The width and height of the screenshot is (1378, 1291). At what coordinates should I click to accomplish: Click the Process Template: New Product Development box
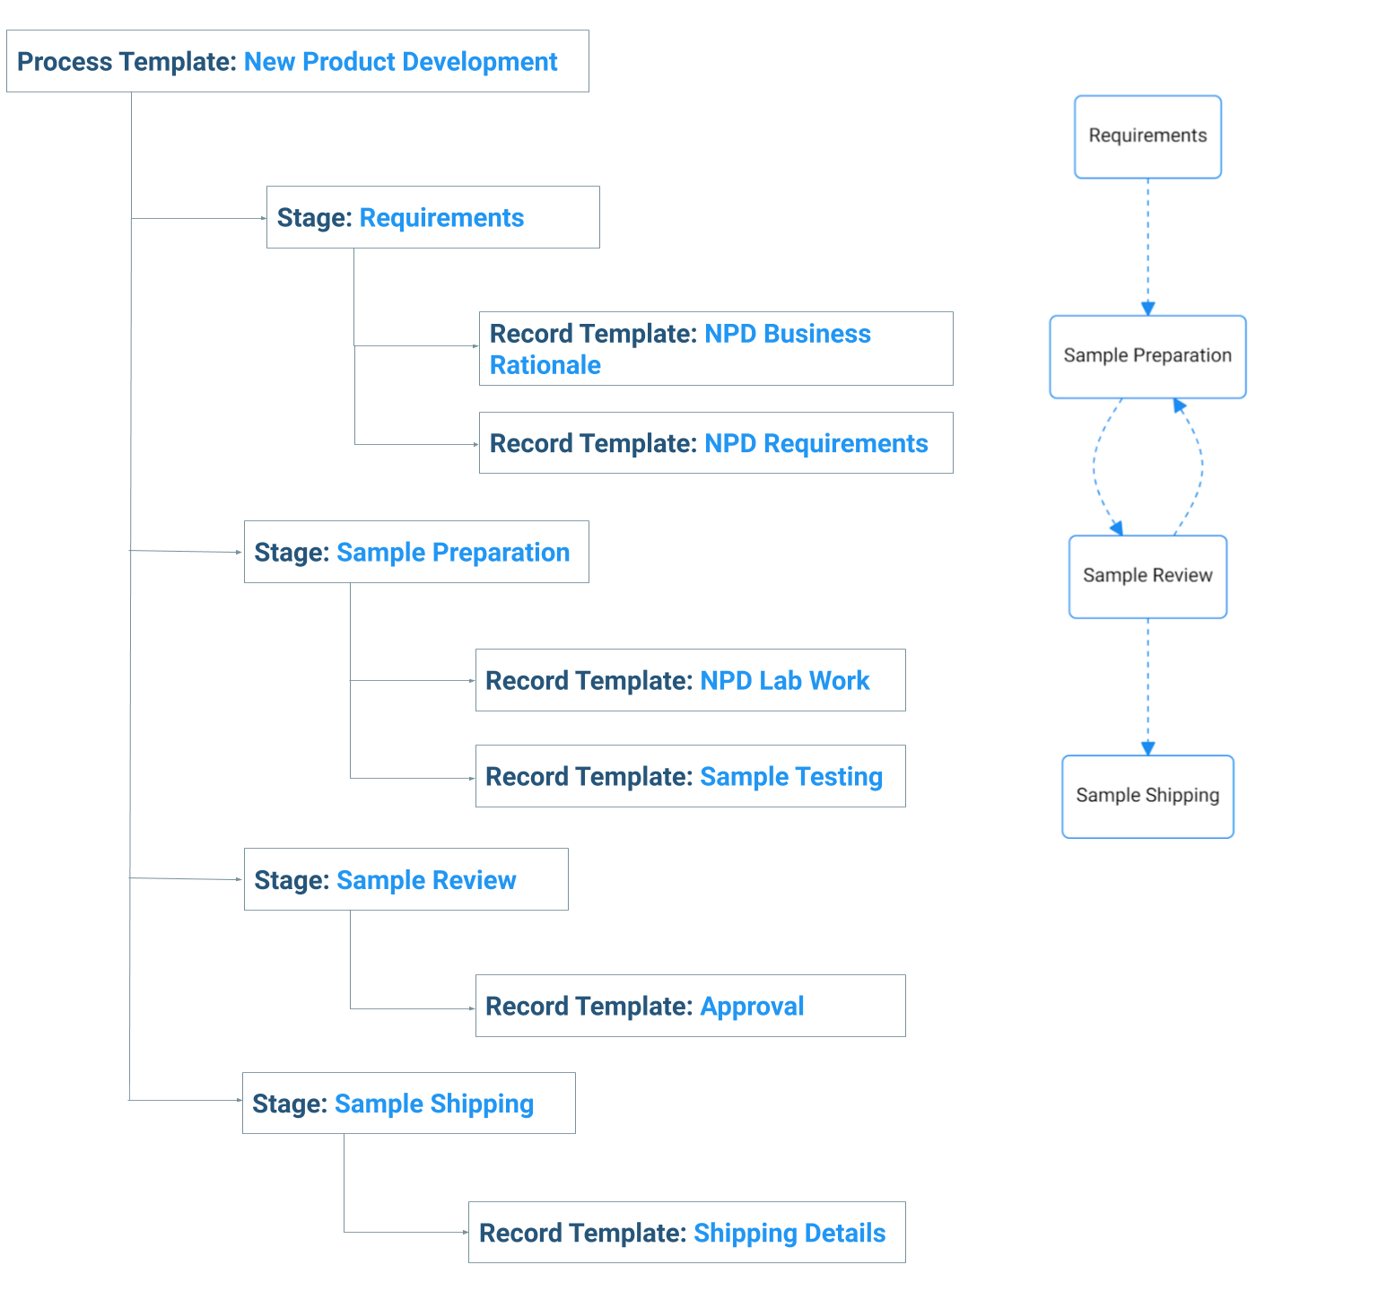[x=298, y=61]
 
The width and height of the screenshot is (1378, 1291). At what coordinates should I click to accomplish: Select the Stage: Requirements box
[x=433, y=217]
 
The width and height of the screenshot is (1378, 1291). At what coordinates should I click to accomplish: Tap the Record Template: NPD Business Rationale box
[x=716, y=349]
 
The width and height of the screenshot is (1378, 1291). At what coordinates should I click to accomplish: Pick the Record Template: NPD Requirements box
[x=716, y=443]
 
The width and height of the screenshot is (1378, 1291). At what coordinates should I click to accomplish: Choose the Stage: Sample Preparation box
[x=416, y=552]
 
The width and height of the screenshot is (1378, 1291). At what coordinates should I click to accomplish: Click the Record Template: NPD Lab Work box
[x=691, y=680]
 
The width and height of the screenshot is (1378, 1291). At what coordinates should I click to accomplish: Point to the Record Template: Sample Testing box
[x=691, y=776]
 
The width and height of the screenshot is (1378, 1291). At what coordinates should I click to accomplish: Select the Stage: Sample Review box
[x=406, y=879]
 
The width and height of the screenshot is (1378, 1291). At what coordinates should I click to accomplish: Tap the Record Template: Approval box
[x=691, y=1006]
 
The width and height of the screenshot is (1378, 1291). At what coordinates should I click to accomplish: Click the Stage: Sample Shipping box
[x=409, y=1103]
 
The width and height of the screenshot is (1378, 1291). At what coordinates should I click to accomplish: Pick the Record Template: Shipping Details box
[x=687, y=1232]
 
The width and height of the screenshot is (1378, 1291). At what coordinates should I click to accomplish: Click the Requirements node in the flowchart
[x=1148, y=137]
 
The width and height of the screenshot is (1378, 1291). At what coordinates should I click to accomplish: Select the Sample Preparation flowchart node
[x=1148, y=357]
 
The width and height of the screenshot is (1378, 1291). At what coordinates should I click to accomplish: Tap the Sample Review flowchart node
[x=1148, y=577]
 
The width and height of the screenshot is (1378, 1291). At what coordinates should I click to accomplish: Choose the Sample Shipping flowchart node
[x=1148, y=797]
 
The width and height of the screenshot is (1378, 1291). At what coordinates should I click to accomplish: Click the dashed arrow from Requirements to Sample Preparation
[x=1147, y=247]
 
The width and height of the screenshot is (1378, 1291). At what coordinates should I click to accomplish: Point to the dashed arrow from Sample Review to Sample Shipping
[x=1147, y=687]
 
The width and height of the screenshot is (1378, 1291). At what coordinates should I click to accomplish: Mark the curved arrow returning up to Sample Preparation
[x=1201, y=467]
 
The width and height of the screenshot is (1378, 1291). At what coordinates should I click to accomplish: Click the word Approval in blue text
[x=752, y=1007]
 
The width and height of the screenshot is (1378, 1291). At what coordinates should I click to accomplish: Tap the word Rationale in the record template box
[x=545, y=365]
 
